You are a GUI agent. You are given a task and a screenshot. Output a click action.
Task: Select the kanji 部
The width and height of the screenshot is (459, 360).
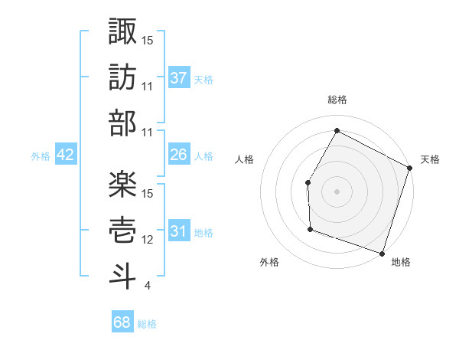[x=122, y=122]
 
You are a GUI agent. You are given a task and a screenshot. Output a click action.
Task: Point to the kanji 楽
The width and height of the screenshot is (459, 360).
[x=122, y=184]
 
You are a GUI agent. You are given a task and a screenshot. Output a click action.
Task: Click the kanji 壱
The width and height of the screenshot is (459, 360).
[x=122, y=230]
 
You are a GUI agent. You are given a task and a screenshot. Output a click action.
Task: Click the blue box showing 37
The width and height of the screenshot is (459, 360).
[x=179, y=77]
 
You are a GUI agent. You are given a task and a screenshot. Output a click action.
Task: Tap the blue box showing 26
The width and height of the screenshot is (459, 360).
[x=179, y=155]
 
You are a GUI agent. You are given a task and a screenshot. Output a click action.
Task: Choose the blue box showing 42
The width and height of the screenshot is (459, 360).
[x=66, y=155]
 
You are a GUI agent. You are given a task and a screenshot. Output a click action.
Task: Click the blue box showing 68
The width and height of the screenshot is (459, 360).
[x=122, y=322]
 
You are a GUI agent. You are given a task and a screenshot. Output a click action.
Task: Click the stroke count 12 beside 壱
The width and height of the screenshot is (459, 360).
[x=148, y=241]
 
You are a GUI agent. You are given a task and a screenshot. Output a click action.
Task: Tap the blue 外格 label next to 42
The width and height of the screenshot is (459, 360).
[x=41, y=155]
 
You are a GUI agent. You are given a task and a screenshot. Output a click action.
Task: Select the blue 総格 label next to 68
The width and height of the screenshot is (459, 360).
[x=147, y=324]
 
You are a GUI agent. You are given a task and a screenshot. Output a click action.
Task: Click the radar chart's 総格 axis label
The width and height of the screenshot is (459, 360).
[x=337, y=100]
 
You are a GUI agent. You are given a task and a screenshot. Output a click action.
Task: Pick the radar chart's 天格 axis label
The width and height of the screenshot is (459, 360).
[x=431, y=159]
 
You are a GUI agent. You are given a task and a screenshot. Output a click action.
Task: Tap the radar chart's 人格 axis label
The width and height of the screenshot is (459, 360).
[x=244, y=159]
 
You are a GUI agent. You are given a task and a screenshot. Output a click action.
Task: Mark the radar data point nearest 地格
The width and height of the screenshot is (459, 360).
[x=382, y=254]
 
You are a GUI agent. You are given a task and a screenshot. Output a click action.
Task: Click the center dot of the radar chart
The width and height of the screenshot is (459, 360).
[x=337, y=191]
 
